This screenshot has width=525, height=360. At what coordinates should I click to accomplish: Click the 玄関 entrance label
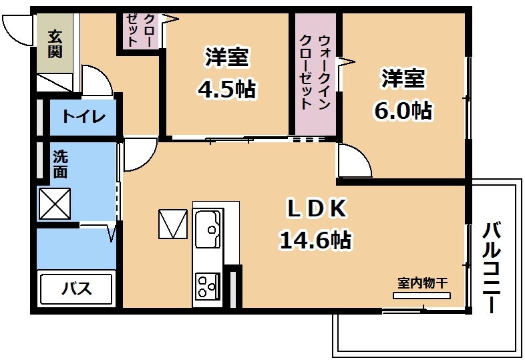[x=55, y=44]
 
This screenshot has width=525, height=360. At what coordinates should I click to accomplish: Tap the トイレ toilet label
[x=83, y=116]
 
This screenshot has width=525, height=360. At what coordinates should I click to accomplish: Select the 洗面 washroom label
[x=60, y=164]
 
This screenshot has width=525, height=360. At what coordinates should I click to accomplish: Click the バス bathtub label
[x=77, y=289]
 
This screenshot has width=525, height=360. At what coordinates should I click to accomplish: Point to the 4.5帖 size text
[x=227, y=89]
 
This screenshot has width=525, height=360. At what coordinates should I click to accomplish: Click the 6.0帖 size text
[x=403, y=110]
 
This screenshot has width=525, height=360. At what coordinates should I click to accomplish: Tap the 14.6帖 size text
[x=316, y=240]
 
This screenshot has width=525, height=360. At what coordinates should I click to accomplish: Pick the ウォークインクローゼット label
[x=315, y=72]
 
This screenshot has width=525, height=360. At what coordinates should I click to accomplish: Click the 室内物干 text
[x=423, y=283]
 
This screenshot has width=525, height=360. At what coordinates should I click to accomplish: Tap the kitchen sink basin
[x=208, y=228]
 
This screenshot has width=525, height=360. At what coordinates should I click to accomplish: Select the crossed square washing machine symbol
[x=55, y=204]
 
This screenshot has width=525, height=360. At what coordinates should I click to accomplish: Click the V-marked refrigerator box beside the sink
[x=173, y=224]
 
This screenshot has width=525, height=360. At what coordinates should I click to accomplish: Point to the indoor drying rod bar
[x=422, y=295]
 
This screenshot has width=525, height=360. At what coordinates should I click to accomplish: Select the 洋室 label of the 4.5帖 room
[x=227, y=57]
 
